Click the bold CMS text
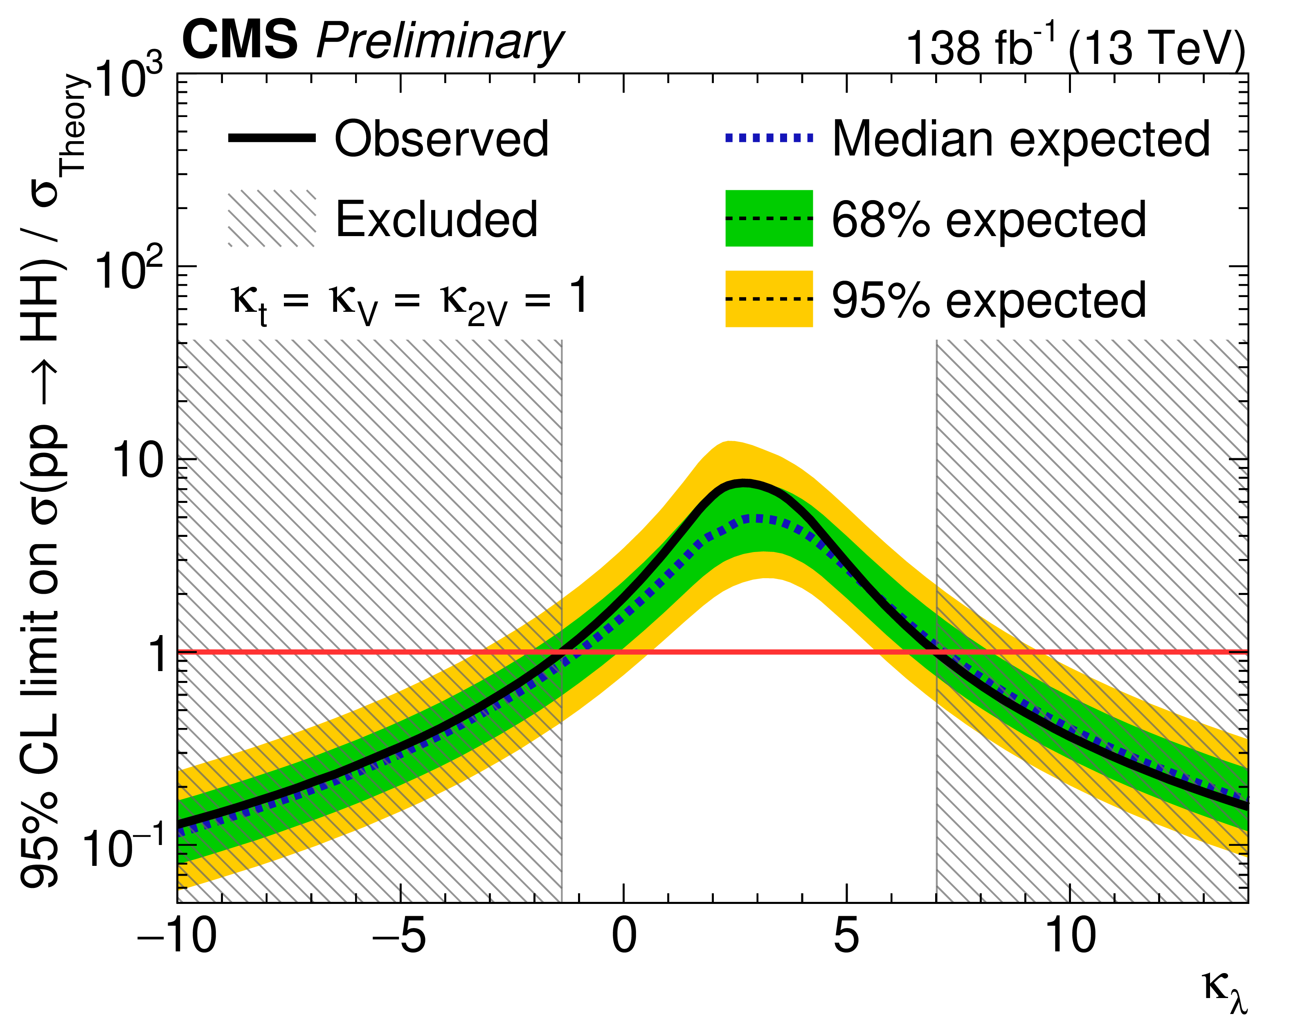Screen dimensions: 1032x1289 [241, 39]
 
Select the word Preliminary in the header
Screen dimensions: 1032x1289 [439, 42]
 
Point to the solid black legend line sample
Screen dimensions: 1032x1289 [272, 138]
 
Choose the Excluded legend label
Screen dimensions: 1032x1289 [436, 219]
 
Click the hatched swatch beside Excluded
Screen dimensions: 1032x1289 [272, 219]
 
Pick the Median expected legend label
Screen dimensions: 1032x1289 [1021, 139]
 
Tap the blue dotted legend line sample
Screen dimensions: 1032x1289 [769, 138]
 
